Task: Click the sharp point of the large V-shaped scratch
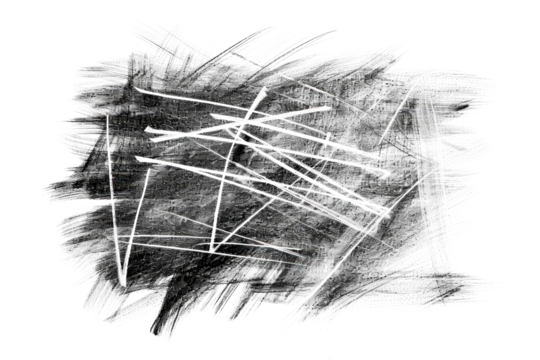[x=123, y=283]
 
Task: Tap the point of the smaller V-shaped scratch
[x=214, y=245]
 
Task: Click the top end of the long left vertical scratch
[x=108, y=115]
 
